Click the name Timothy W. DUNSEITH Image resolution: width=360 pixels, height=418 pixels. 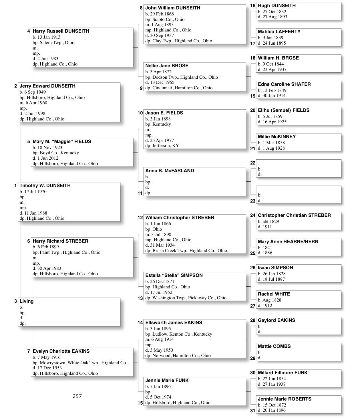[45, 185]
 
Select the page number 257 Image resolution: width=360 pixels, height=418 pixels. [77, 396]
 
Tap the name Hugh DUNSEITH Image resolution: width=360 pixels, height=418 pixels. [277, 5]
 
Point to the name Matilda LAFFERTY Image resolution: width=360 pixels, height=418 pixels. [279, 31]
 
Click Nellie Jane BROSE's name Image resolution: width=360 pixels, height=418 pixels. [167, 66]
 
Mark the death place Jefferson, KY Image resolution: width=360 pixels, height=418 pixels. [166, 145]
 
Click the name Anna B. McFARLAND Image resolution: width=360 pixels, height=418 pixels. [170, 171]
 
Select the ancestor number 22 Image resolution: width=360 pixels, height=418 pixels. [252, 163]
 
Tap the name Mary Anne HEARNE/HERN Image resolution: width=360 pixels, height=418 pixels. [288, 241]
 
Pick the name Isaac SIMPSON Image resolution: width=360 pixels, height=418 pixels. [275, 268]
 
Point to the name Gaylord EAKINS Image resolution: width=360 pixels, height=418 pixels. [277, 320]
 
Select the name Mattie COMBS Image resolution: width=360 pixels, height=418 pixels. [274, 346]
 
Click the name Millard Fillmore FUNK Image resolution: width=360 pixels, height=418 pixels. [283, 373]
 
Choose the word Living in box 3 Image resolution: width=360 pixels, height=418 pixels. [27, 301]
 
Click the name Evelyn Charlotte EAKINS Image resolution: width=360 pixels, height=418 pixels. [61, 351]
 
